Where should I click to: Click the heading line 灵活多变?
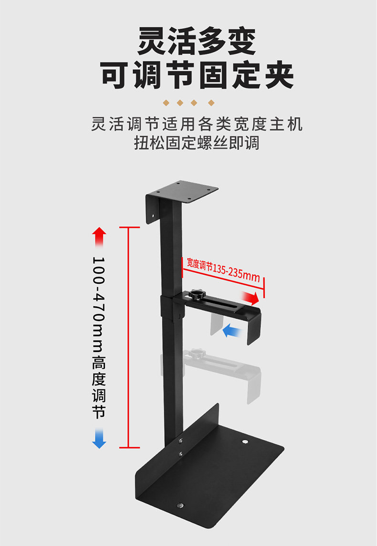coord(197,42)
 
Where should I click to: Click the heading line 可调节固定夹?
coord(197,75)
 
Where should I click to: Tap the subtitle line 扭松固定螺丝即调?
coord(197,143)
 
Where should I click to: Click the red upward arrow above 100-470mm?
coord(99,236)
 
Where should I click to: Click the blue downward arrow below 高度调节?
coord(99,439)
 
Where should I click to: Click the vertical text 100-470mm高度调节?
coord(99,337)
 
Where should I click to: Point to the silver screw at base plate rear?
coord(245,442)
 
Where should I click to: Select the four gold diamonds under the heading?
coord(188,103)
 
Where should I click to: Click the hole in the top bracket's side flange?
coord(152,215)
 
